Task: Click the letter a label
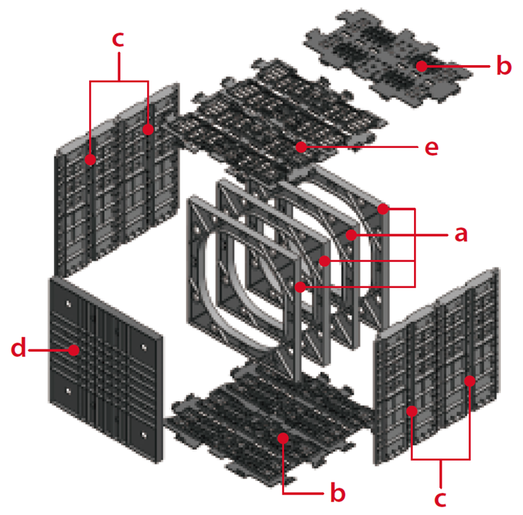click(461, 234)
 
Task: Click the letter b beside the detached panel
click(502, 66)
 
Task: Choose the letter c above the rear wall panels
click(118, 39)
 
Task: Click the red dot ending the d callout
click(74, 349)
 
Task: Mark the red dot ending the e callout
click(301, 147)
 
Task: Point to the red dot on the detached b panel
click(421, 66)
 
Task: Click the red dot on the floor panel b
click(283, 439)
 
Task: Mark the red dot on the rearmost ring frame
click(383, 209)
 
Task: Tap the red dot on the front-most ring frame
click(301, 287)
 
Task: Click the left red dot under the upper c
click(91, 160)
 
